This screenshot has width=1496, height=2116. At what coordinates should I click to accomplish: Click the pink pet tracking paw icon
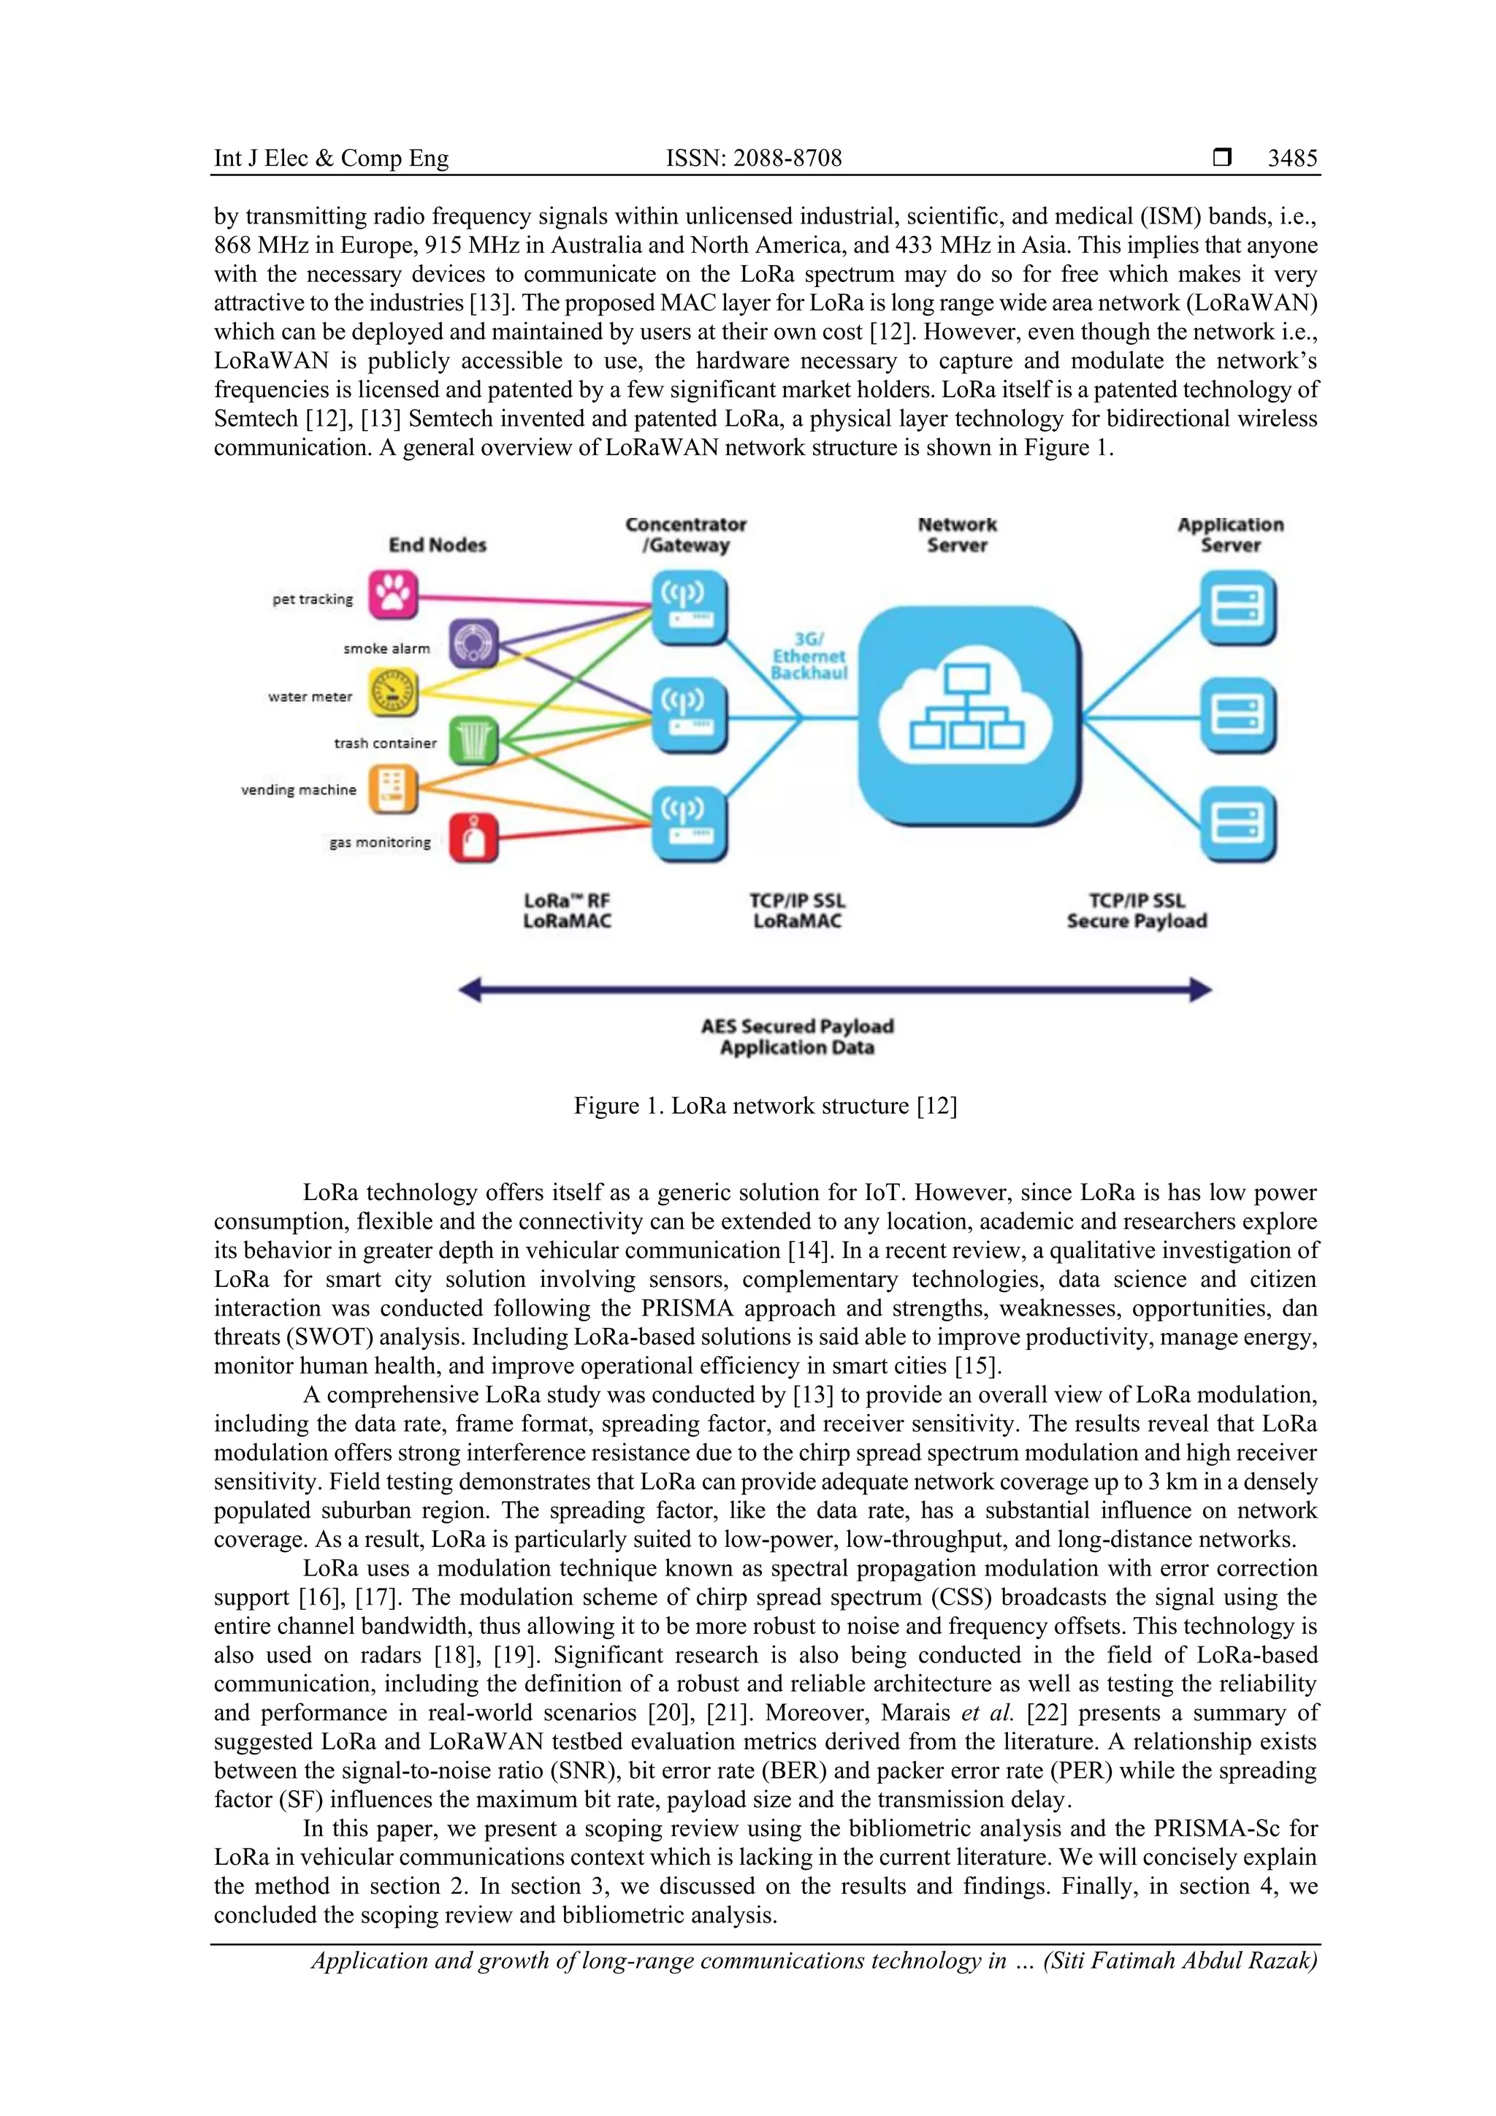pos(394,595)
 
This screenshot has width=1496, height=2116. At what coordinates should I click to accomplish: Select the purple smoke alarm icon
pos(474,643)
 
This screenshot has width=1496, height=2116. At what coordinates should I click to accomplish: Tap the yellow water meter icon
pos(394,693)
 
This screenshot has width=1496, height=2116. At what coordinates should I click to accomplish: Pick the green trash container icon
pos(474,740)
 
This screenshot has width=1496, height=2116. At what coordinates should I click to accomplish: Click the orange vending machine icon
pos(394,789)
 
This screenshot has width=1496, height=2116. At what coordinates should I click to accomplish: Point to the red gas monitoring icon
pos(474,838)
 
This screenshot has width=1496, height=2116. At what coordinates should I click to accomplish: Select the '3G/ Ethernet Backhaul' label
pos(809,656)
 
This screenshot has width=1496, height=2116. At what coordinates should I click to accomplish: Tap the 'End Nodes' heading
pos(437,545)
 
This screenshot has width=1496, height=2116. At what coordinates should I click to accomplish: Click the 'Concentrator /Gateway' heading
pos(686,535)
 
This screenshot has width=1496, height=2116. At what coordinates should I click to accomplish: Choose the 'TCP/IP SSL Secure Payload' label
pos(1137,911)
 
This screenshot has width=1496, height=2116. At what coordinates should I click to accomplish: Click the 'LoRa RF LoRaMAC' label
pos(567,911)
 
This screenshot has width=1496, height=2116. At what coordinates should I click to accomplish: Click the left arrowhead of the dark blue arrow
pos(470,990)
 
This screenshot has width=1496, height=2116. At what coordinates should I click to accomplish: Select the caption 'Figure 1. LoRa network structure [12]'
pos(765,1106)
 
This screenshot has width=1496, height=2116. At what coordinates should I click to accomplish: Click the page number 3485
pos(1292,158)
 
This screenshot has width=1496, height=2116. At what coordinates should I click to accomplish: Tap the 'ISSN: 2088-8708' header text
pos(754,158)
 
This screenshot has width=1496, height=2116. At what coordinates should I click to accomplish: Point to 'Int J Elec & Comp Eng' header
pos(331,158)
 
